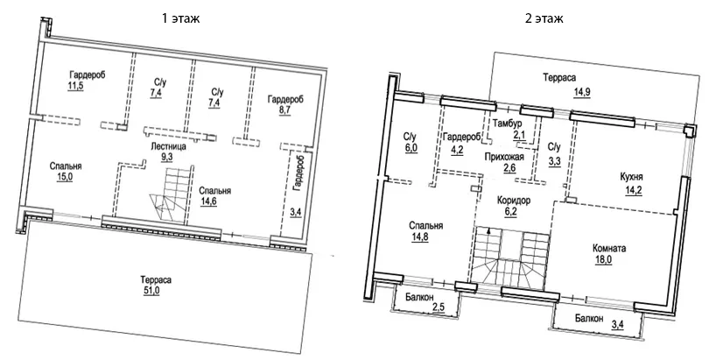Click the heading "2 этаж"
543,18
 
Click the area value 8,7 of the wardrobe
285,112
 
